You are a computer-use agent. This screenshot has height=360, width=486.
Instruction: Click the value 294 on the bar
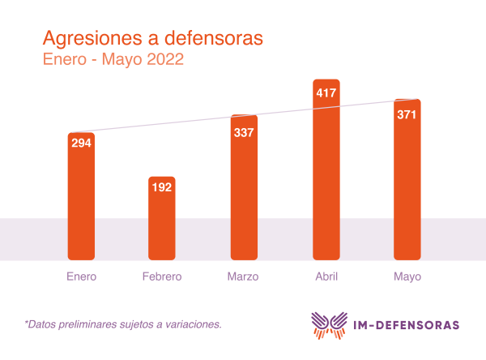[81, 144]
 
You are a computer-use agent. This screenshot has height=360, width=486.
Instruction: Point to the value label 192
[162, 186]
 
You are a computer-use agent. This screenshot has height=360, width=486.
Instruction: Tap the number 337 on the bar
[244, 132]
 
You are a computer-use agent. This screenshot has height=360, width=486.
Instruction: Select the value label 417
[326, 92]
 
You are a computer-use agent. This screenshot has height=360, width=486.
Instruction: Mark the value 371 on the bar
[407, 114]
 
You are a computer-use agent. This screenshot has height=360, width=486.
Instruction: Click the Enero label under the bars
[81, 276]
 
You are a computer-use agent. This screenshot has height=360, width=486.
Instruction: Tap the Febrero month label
[162, 276]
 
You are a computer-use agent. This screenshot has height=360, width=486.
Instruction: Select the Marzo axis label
[244, 276]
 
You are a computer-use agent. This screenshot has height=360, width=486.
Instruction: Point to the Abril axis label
[326, 276]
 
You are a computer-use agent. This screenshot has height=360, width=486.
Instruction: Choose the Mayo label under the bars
[407, 276]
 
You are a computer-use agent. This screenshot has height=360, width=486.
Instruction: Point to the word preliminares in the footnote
[90, 324]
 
